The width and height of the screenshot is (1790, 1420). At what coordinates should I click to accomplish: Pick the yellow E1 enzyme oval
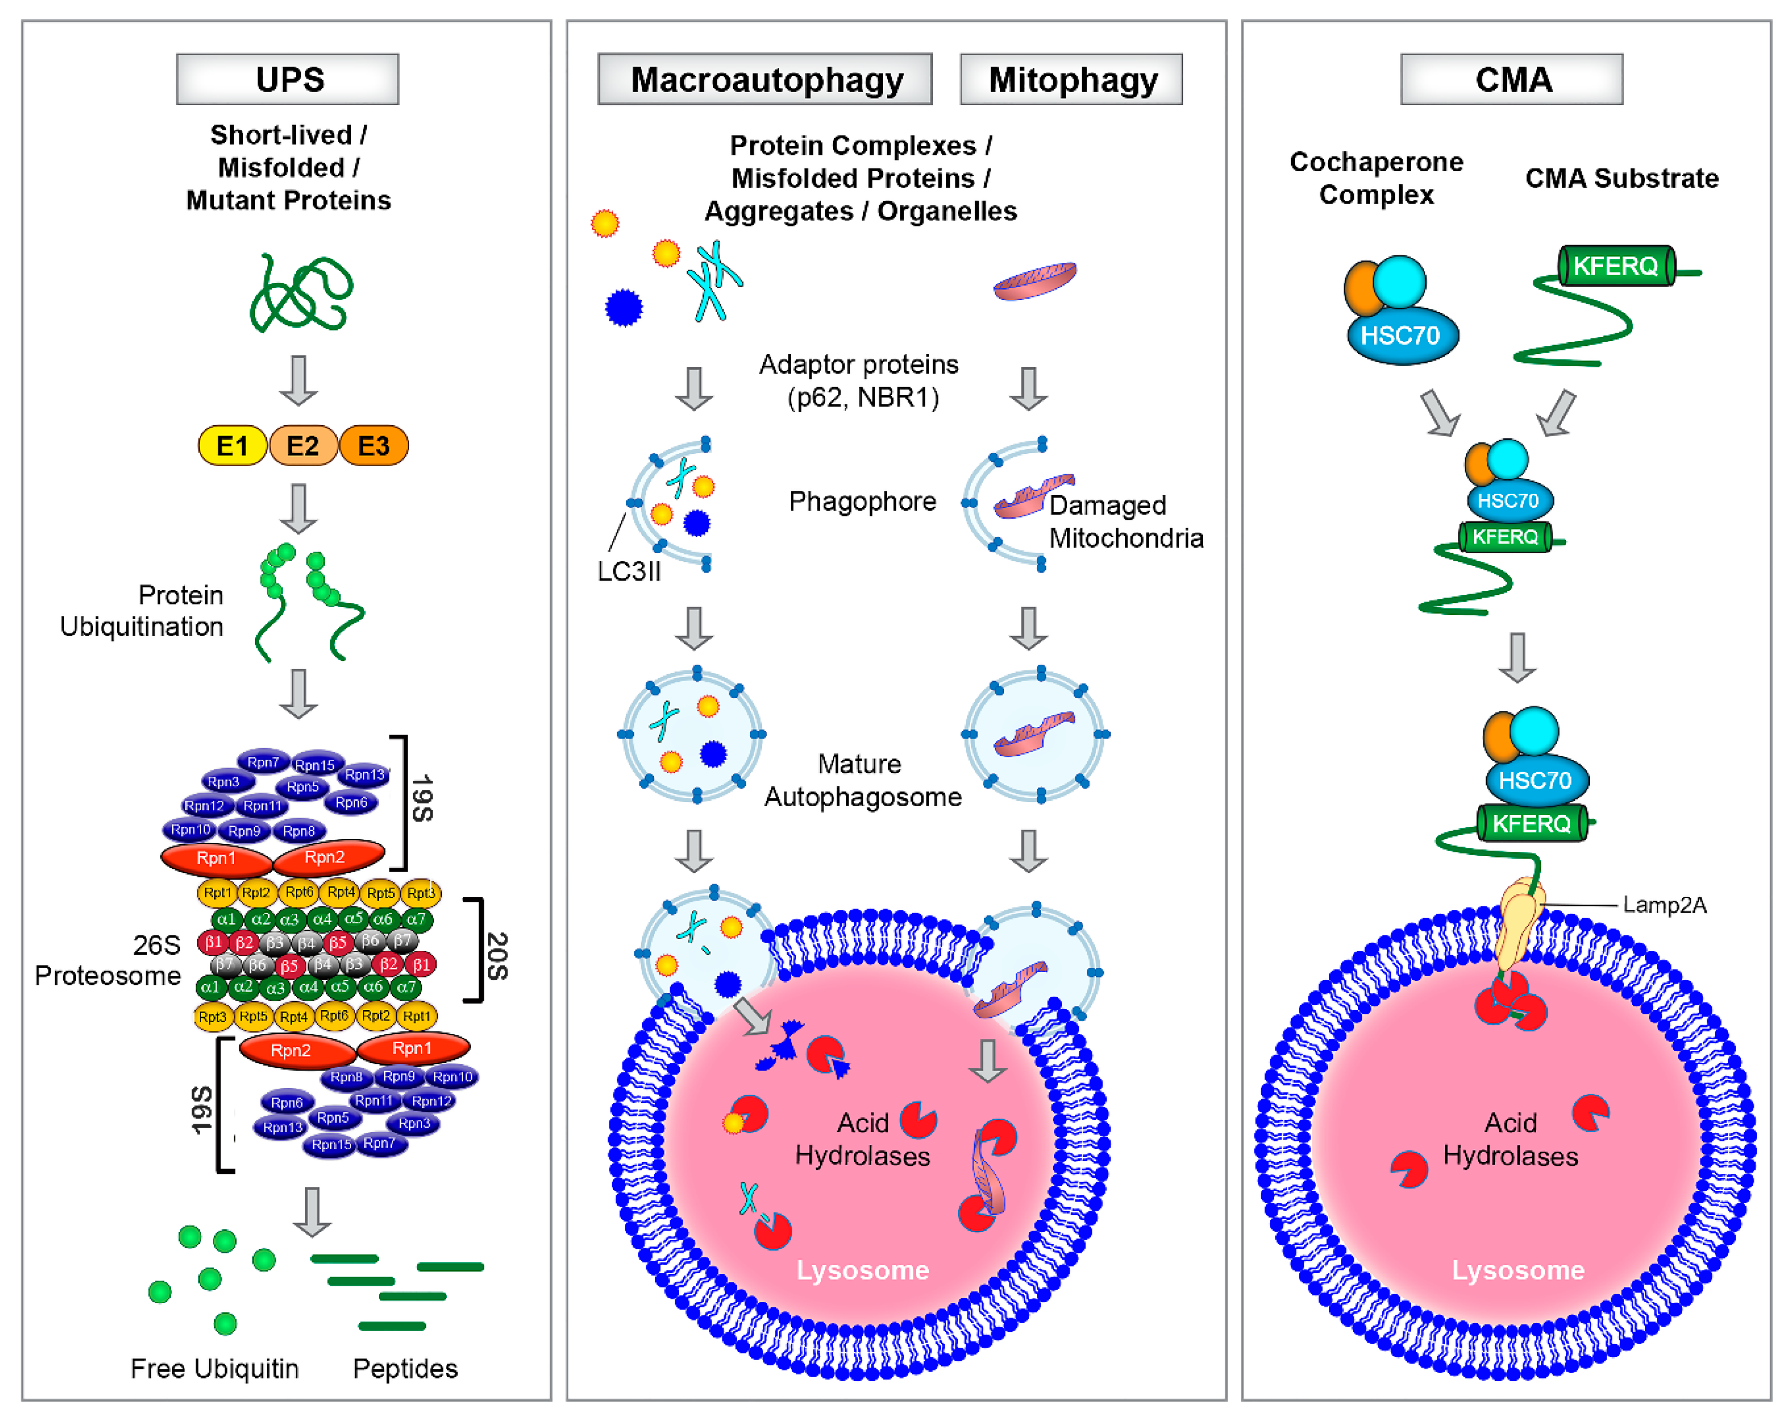(233, 446)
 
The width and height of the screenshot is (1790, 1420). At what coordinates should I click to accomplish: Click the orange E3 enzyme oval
(373, 446)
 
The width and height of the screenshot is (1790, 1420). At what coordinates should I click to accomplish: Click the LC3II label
(629, 571)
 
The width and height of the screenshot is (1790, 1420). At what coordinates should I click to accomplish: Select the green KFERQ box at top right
(1616, 266)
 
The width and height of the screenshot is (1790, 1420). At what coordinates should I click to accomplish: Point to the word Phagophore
(862, 501)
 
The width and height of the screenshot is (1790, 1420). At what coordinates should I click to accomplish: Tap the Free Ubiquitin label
(214, 1368)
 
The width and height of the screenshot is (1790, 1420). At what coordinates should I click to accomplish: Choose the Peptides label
(405, 1368)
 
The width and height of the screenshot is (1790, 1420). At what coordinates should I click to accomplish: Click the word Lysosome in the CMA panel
(1518, 1270)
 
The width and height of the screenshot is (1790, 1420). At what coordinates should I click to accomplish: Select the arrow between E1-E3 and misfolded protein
(298, 380)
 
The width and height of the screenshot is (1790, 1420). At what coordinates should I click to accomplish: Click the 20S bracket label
(496, 955)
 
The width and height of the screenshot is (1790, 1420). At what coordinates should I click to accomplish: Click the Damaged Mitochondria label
(1125, 521)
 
